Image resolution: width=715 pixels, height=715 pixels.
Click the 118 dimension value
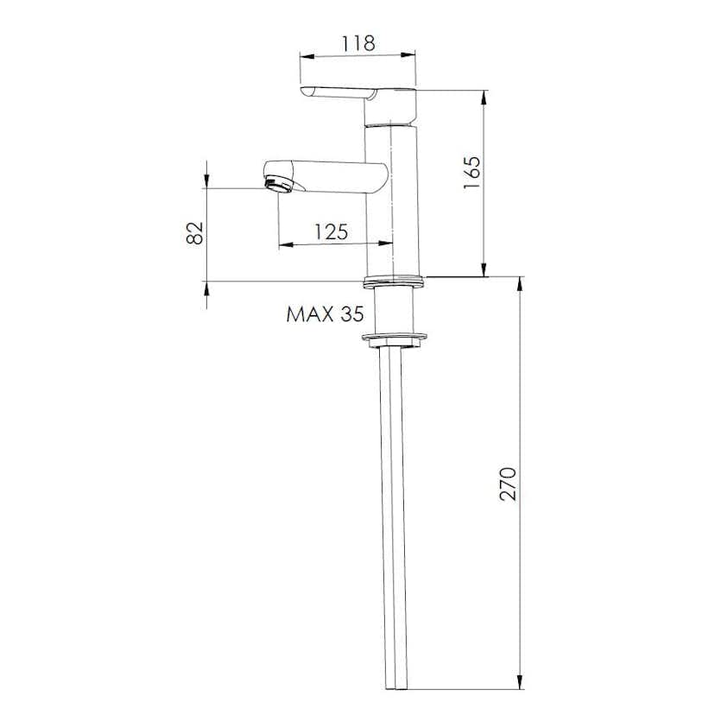tap(358, 43)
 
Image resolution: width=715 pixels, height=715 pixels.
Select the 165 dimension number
tap(472, 173)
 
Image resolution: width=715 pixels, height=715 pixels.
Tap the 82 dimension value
tap(194, 233)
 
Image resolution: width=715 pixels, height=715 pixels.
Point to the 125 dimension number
tap(332, 231)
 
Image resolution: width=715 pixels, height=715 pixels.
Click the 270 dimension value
tap(508, 484)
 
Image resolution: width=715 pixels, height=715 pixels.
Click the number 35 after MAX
tap(352, 314)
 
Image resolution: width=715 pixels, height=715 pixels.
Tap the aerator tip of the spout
tap(279, 186)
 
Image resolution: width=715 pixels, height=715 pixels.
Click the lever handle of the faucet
tap(339, 92)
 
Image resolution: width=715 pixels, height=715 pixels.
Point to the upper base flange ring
tap(395, 282)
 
